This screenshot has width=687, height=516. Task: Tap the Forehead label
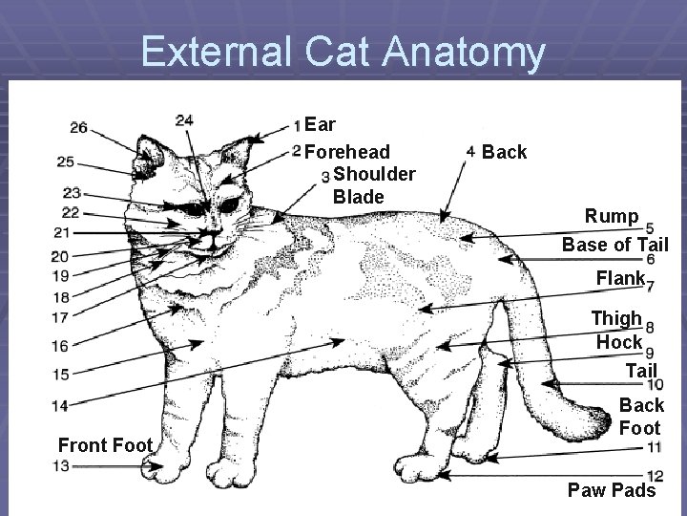(x=347, y=151)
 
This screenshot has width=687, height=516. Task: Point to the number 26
(x=79, y=127)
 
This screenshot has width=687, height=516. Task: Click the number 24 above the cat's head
(x=185, y=119)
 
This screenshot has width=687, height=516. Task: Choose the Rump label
(x=613, y=217)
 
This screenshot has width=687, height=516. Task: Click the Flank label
(x=620, y=280)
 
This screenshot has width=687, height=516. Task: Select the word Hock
(x=619, y=341)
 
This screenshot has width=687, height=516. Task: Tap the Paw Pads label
(x=612, y=491)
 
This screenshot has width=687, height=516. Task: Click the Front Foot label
(x=105, y=445)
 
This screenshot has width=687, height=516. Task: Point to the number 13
(x=60, y=465)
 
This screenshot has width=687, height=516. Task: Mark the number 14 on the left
(x=59, y=405)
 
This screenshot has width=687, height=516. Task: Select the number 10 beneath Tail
(x=655, y=384)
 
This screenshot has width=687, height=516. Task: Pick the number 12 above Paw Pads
(x=655, y=475)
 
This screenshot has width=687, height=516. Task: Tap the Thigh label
(x=616, y=318)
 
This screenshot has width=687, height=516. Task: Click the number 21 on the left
(x=62, y=232)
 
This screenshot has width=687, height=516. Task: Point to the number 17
(x=59, y=316)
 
